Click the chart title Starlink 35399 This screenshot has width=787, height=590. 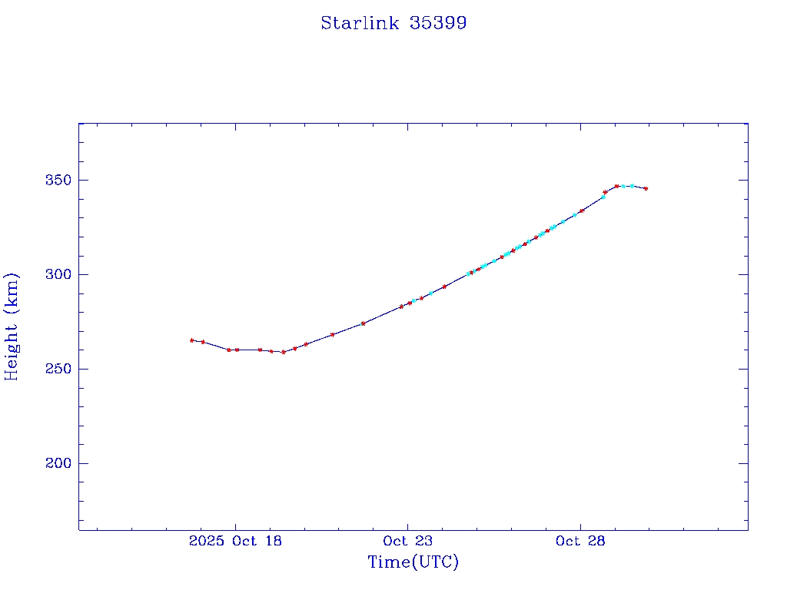pyautogui.click(x=393, y=23)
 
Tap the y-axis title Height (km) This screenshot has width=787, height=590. pyautogui.click(x=12, y=326)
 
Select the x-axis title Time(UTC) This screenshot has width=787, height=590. pyautogui.click(x=413, y=562)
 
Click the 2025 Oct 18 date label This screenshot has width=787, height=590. pyautogui.click(x=235, y=541)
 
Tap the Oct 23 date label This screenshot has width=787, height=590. pyautogui.click(x=407, y=541)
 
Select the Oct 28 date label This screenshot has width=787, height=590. pyautogui.click(x=580, y=541)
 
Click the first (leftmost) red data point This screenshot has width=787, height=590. pyautogui.click(x=191, y=340)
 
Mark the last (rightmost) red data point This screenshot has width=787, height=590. pyautogui.click(x=646, y=188)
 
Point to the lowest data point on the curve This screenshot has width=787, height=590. pyautogui.click(x=283, y=352)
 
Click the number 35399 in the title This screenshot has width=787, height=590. pyautogui.click(x=438, y=23)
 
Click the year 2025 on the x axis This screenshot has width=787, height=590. pyautogui.click(x=205, y=541)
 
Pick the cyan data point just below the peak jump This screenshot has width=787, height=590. pyautogui.click(x=603, y=197)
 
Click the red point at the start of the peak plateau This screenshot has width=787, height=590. pyautogui.click(x=616, y=186)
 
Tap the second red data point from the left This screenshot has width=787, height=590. pyautogui.click(x=203, y=342)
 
